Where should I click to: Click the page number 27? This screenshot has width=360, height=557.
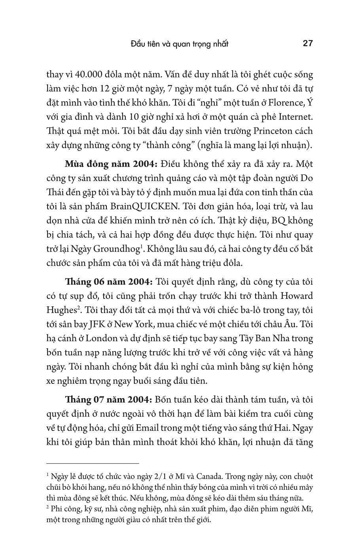tap(308, 43)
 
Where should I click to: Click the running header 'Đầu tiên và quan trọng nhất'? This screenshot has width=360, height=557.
tap(180, 43)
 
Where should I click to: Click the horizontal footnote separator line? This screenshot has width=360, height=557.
tap(93, 463)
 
